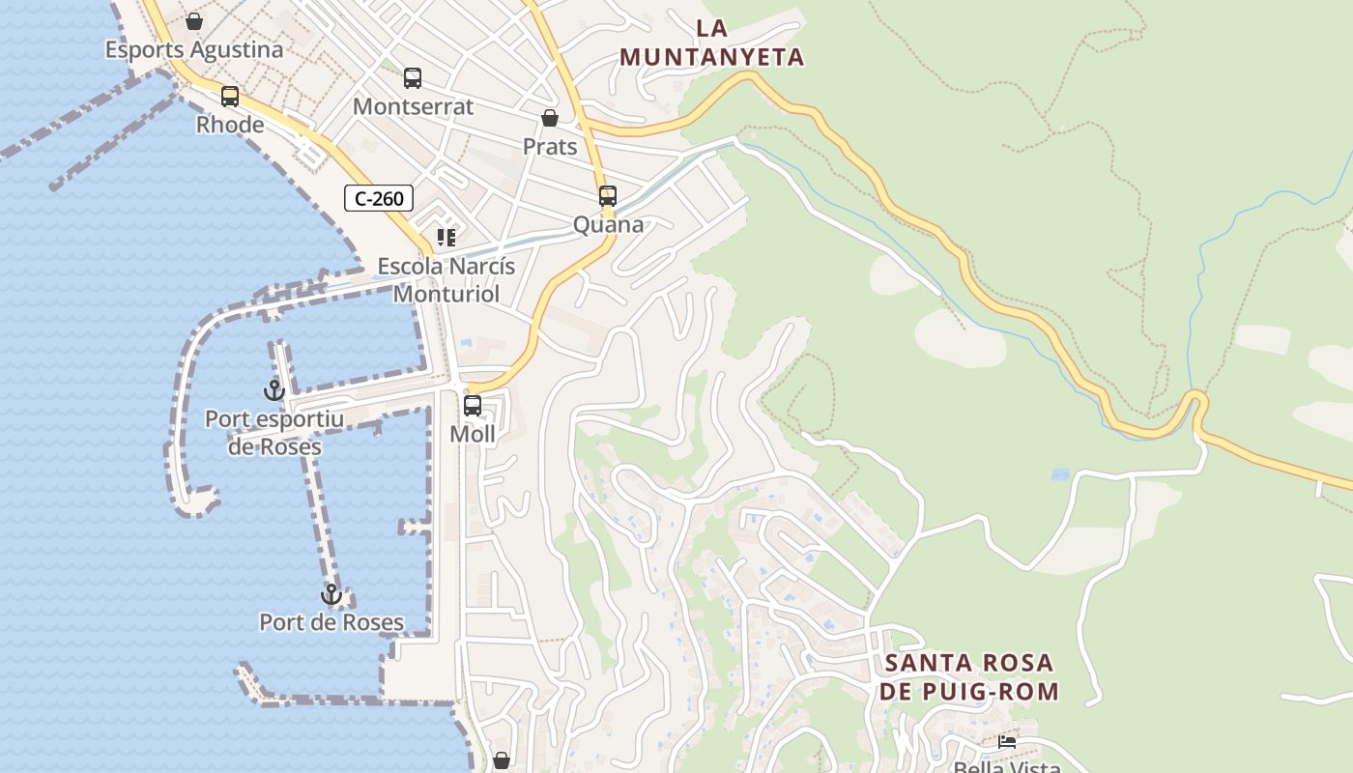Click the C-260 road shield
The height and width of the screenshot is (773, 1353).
pos(379,199)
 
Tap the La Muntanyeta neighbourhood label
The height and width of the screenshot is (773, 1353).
pos(712,43)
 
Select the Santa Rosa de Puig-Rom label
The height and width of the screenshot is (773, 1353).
pos(969,677)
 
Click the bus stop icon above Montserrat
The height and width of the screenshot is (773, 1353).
pos(413,78)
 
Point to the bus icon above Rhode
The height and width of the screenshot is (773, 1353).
pos(230,97)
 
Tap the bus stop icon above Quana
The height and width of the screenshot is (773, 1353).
pos(608,196)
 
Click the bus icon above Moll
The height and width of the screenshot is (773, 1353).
pos(473,406)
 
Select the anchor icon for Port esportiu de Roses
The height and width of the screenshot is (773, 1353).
pos(274,390)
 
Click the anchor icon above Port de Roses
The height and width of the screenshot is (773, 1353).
pos(331,594)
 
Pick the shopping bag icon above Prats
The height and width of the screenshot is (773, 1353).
pos(550,118)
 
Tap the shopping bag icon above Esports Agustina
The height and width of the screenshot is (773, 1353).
pos(194,21)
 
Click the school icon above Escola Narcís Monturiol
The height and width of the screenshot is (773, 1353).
pos(446,237)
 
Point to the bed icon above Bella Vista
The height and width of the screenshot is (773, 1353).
pos(1007,742)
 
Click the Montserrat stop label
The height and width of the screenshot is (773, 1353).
pos(413,106)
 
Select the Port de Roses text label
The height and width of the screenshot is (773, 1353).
pos(331,622)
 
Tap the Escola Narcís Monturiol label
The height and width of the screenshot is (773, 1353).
pos(446,279)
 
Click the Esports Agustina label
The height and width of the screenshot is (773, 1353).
pos(194,49)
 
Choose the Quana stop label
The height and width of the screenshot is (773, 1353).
pos(608,224)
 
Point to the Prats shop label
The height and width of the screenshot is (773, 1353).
pos(550,146)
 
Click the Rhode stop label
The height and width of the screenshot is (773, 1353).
pos(230,125)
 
